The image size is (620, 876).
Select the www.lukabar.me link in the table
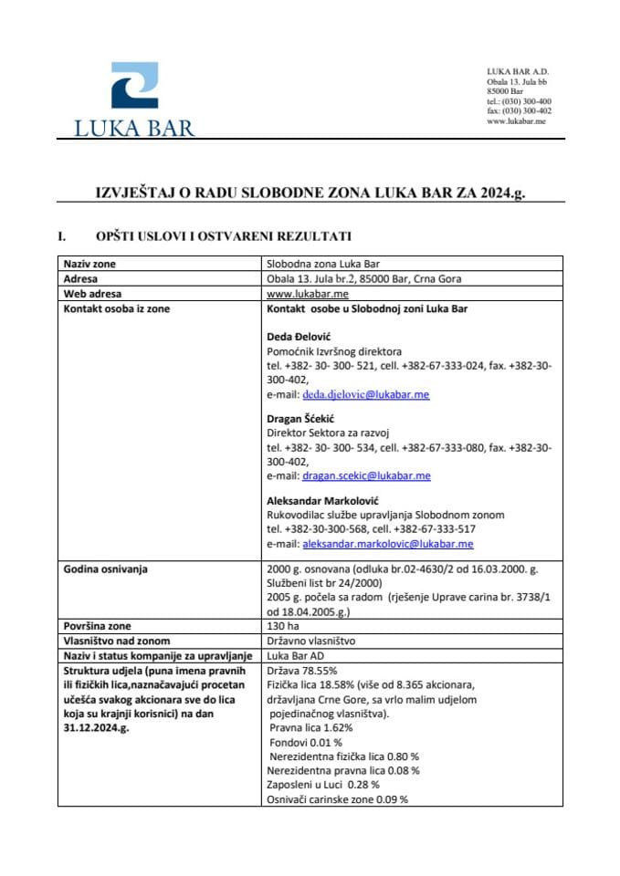coord(298,294)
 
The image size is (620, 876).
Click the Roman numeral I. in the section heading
coord(63,235)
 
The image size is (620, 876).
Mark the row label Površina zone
coord(98,626)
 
